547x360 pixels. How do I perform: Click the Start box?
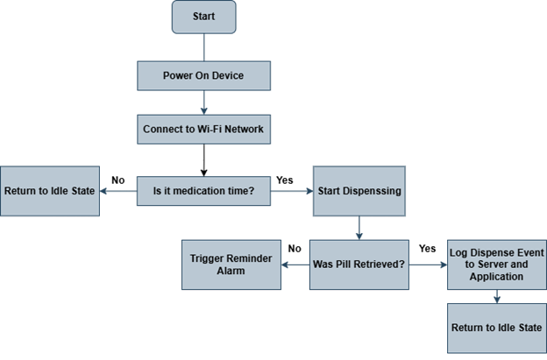point(203,17)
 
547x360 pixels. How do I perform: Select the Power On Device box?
point(203,75)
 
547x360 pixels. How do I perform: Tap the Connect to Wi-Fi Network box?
point(203,131)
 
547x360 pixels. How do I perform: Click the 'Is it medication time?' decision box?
point(203,190)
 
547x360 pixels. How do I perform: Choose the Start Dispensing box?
point(359,190)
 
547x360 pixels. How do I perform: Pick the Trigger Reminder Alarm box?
point(231,265)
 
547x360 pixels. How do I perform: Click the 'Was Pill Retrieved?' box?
point(359,264)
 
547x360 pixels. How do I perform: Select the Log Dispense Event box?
point(496,264)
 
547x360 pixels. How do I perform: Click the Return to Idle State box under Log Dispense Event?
point(496,328)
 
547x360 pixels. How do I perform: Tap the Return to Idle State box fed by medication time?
point(49,190)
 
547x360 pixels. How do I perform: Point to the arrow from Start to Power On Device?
point(203,47)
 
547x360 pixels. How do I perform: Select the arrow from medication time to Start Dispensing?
point(292,190)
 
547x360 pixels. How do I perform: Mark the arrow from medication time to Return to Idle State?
point(117,190)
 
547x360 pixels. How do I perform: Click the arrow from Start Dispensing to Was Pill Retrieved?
point(359,227)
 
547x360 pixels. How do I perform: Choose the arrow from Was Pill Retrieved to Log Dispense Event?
point(427,264)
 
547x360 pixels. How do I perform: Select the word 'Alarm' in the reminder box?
point(231,272)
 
